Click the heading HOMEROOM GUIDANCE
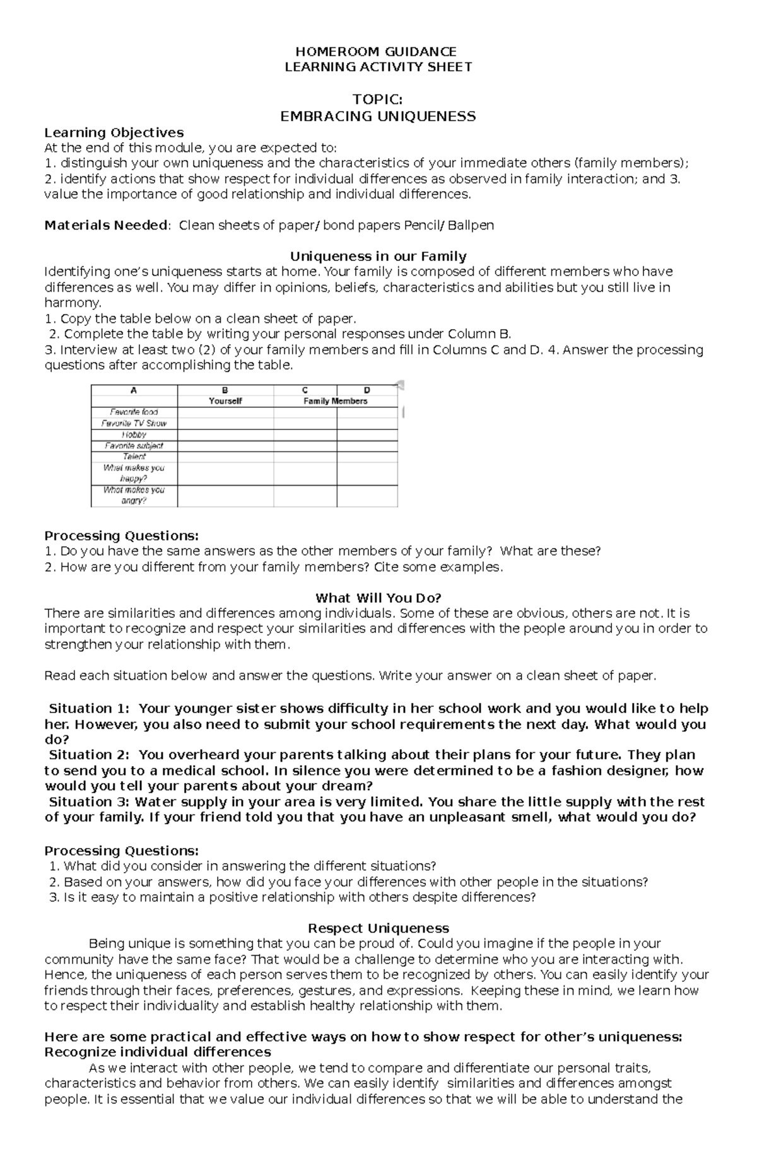378,52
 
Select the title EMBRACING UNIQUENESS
378,116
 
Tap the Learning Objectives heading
114,132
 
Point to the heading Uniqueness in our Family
378,256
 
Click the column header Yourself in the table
225,401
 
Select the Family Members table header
335,401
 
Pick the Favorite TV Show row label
134,424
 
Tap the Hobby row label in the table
134,434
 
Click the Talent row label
134,456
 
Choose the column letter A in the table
134,390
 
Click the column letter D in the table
367,390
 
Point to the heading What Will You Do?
378,598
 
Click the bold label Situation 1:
89,708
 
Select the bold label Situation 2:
89,755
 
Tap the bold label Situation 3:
89,802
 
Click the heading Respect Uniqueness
378,928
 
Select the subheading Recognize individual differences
158,1052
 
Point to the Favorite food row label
134,412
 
